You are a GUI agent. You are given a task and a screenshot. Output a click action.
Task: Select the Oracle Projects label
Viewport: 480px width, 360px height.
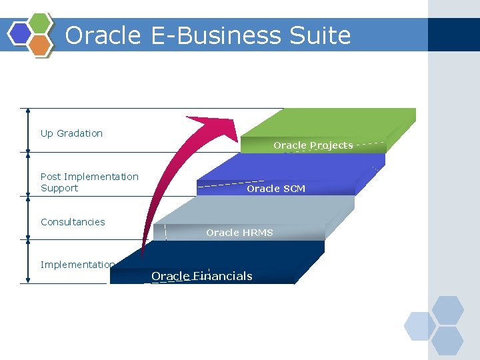pos(313,145)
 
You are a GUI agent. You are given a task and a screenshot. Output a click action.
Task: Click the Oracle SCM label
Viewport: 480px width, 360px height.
pos(276,189)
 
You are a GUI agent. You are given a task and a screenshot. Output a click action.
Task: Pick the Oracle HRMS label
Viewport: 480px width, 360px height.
pos(239,233)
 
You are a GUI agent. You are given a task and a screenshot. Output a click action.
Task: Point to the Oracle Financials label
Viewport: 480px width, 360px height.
pos(201,276)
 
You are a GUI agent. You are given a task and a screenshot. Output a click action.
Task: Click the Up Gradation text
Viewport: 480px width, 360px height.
pos(71,133)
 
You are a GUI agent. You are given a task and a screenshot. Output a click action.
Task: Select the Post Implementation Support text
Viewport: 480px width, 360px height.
pos(89,182)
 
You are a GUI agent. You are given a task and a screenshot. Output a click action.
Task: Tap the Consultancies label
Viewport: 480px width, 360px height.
pos(73,222)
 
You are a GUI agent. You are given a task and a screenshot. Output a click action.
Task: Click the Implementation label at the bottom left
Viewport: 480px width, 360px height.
pos(77,265)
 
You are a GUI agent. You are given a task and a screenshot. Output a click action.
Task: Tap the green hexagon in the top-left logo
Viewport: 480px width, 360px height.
pos(40,23)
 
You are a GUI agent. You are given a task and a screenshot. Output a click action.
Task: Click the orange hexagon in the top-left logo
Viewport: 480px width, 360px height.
pos(40,45)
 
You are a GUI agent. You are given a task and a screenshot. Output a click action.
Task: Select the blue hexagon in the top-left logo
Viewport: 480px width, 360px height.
pos(21,33)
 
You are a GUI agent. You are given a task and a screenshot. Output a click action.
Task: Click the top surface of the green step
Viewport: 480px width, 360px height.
pos(333,123)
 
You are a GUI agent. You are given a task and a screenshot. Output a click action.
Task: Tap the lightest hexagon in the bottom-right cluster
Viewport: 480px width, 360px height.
pos(419,326)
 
